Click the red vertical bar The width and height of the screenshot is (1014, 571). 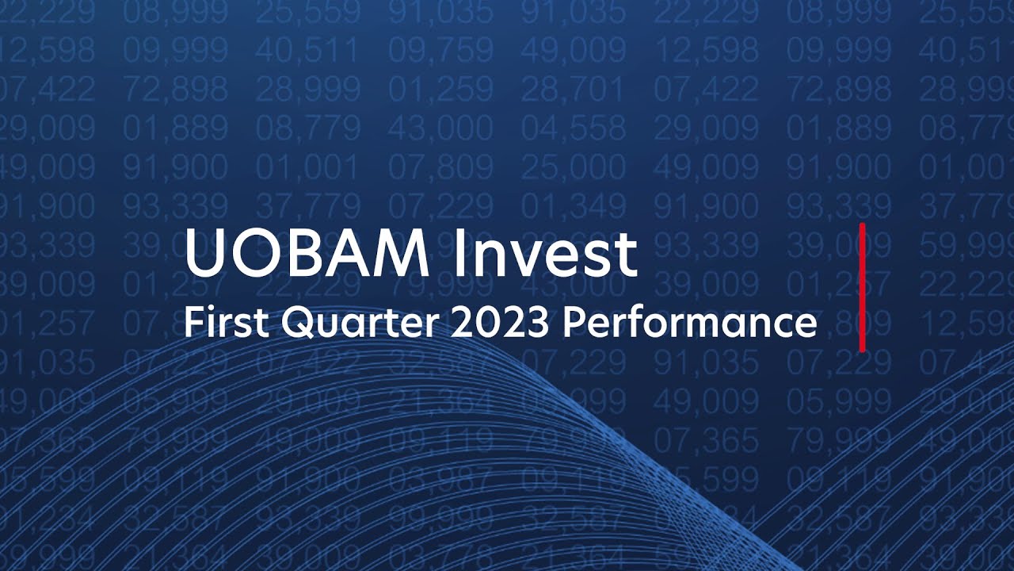point(862,287)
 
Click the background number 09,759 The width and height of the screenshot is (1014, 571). point(440,50)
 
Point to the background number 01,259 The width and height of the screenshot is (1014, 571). point(440,89)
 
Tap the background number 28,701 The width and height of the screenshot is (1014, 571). point(573,89)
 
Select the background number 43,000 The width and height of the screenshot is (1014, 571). point(440,128)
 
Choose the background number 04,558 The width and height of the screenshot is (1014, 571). point(573,128)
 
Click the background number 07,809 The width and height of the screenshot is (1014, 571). point(440,167)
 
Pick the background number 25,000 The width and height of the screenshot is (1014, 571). point(573,167)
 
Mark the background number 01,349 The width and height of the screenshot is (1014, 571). point(573,205)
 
